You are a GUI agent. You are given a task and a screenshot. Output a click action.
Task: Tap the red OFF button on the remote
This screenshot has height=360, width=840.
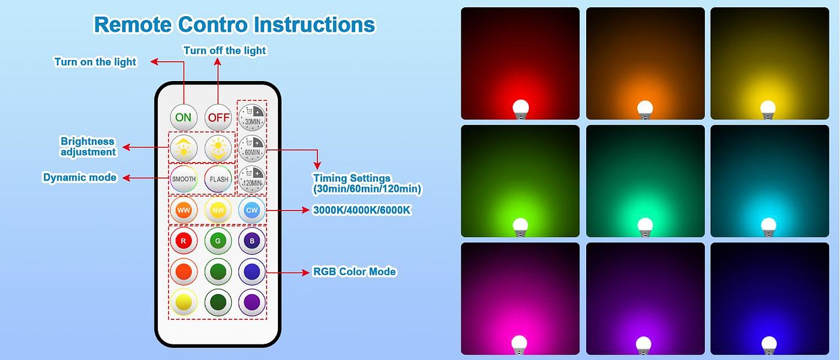(218, 118)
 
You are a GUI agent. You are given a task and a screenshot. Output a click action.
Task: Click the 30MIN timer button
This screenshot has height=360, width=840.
(252, 118)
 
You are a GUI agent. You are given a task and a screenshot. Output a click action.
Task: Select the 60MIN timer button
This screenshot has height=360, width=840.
(252, 148)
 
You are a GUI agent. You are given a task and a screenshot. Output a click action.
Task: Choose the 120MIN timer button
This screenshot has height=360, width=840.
(252, 179)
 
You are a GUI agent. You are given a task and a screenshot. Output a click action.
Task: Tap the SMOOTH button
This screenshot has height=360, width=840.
(184, 179)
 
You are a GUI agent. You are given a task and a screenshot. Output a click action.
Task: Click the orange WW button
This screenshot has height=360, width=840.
(184, 210)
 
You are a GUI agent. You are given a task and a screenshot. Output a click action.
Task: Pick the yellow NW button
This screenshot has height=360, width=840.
(218, 210)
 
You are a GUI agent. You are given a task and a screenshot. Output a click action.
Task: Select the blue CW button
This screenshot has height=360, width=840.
(252, 210)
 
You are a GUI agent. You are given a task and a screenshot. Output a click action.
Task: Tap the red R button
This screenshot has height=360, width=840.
(184, 241)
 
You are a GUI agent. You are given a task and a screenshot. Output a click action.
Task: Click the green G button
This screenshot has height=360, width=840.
(218, 241)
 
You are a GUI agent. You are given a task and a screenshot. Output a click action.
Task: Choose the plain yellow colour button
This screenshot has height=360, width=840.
(184, 302)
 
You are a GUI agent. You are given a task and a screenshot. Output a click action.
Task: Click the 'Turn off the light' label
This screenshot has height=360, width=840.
(224, 50)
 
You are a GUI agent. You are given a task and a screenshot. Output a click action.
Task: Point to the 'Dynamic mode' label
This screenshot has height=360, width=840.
(80, 177)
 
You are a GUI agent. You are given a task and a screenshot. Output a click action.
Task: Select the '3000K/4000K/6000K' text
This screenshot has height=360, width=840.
(362, 210)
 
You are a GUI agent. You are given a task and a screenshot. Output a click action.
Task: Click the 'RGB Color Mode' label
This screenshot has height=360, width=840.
(355, 271)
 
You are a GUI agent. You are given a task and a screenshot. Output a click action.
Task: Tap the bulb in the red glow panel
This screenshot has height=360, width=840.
(521, 109)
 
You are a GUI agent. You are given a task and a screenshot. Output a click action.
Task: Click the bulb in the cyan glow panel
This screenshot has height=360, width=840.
(769, 227)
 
